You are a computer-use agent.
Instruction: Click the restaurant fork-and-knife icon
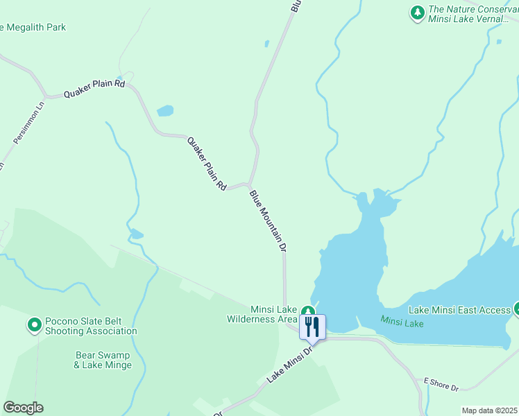point(312,327)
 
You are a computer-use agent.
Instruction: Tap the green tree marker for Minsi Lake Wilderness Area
point(307,312)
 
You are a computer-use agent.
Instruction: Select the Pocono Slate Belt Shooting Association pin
point(34,324)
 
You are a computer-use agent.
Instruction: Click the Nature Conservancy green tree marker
point(417,12)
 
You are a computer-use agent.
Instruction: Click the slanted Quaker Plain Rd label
point(207,164)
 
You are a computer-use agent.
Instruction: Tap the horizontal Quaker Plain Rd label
point(94,89)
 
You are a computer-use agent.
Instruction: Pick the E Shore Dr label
point(441,384)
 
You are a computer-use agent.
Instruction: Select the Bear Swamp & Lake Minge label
point(103,360)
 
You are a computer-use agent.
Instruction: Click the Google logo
point(23,408)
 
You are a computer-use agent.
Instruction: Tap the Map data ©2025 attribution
point(489,410)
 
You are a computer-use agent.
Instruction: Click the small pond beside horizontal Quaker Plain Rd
point(165,110)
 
